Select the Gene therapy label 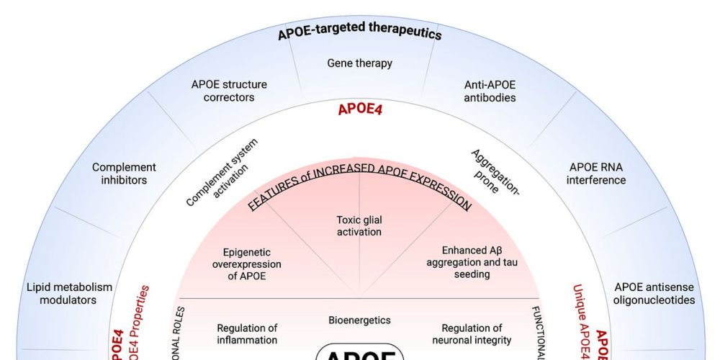point(359,63)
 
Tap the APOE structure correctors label point(229,91)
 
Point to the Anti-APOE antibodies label point(490,91)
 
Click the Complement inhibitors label point(124,174)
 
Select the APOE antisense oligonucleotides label point(654,294)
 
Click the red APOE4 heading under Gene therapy point(359,111)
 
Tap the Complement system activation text point(222,173)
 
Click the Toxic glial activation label point(359,225)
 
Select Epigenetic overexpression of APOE point(248,264)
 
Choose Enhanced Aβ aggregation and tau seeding point(472,262)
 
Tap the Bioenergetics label point(359,320)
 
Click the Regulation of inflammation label point(247,334)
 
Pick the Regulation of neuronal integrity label point(472,334)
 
